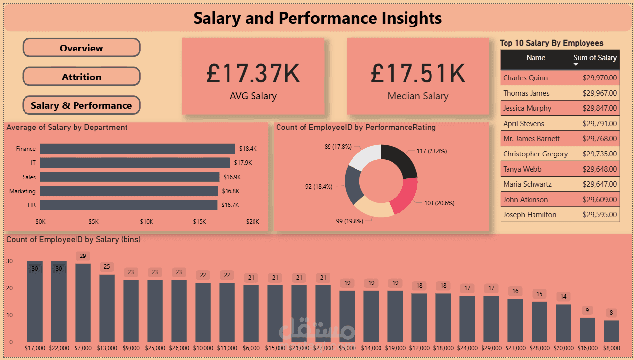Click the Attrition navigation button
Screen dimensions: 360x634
coord(81,77)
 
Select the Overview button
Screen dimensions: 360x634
coord(81,48)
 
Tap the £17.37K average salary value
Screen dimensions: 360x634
coord(253,74)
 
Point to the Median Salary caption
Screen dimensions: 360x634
coord(418,96)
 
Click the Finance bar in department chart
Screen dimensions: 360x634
coord(137,148)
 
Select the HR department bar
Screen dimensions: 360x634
coord(128,205)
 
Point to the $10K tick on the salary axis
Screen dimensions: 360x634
coord(147,222)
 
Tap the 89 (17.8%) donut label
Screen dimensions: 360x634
coord(337,146)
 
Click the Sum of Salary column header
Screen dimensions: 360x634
coord(595,58)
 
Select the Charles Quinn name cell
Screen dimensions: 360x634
coord(526,78)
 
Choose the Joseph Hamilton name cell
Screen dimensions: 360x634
coord(530,215)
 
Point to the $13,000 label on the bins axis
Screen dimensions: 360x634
coord(106,348)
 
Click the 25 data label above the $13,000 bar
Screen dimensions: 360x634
coord(107,267)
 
